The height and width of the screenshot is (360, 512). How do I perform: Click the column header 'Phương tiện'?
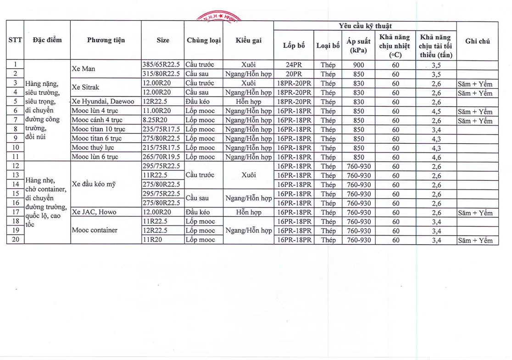click(x=106, y=40)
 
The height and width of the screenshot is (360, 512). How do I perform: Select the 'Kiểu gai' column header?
click(x=249, y=40)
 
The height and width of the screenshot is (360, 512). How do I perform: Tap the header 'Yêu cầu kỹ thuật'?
click(x=365, y=26)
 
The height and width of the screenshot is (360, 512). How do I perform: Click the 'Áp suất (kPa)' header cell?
click(x=358, y=45)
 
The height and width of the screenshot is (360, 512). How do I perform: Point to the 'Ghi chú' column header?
click(x=478, y=41)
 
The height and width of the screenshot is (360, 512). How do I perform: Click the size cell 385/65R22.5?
click(x=162, y=65)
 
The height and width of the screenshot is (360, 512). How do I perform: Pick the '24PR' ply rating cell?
click(x=294, y=65)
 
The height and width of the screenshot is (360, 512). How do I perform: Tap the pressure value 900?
click(x=358, y=65)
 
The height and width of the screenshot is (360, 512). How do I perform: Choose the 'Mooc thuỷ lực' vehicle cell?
click(x=92, y=148)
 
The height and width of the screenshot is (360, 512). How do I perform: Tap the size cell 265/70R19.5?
click(x=162, y=157)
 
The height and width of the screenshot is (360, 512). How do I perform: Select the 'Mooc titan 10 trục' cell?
click(x=98, y=129)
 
